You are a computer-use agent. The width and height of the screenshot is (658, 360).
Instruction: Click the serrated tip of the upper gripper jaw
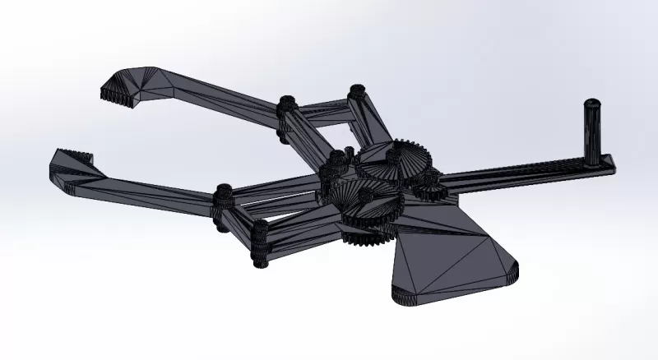pyautogui.click(x=118, y=92)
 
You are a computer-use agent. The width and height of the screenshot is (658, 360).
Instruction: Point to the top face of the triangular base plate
pyautogui.click(x=448, y=259)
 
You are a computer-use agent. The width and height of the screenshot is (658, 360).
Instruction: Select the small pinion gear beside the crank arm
pyautogui.click(x=429, y=187)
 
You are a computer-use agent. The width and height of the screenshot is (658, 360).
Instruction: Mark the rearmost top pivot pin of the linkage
pyautogui.click(x=355, y=92)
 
